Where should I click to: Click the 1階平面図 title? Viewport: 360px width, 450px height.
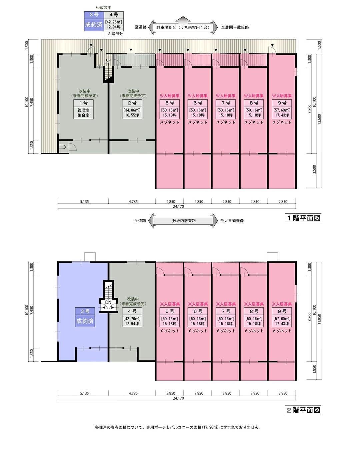pyautogui.click(x=304, y=218)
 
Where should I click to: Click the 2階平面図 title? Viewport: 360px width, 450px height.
pyautogui.click(x=304, y=410)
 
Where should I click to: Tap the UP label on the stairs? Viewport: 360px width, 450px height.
pyautogui.click(x=108, y=60)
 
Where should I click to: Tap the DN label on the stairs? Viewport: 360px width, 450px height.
pyautogui.click(x=108, y=302)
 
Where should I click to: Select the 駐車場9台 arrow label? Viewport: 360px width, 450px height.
pyautogui.click(x=183, y=27)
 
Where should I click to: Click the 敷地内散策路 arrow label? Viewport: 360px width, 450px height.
pyautogui.click(x=184, y=220)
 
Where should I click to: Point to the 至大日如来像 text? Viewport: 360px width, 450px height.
pyautogui.click(x=232, y=220)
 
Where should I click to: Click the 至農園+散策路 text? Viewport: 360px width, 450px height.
pyautogui.click(x=235, y=27)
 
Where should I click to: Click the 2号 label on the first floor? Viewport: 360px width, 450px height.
pyautogui.click(x=132, y=103)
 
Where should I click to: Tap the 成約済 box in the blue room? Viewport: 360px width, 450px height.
pyautogui.click(x=85, y=321)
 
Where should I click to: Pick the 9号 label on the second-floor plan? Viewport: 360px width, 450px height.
pyautogui.click(x=282, y=311)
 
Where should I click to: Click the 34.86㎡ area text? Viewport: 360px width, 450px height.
pyautogui.click(x=132, y=110)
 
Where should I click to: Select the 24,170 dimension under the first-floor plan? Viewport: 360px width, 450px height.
pyautogui.click(x=178, y=206)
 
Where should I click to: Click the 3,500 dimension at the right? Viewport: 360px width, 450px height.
pyautogui.click(x=314, y=170)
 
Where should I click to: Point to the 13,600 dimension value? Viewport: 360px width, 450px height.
pyautogui.click(x=319, y=119)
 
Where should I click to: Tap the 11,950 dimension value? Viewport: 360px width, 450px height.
pyautogui.click(x=319, y=319)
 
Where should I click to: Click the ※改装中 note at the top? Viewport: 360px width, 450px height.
pyautogui.click(x=103, y=8)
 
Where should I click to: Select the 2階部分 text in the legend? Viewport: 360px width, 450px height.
pyautogui.click(x=115, y=33)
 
